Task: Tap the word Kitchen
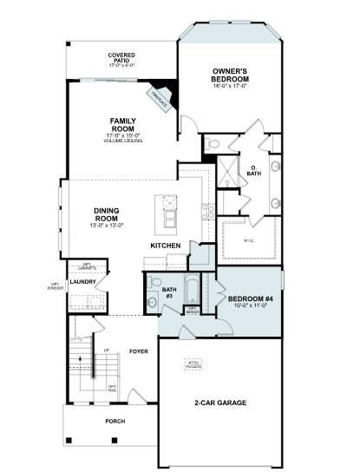click(x=165, y=246)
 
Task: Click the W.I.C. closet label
click(x=248, y=239)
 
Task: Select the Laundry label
click(x=82, y=281)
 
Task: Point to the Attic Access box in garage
click(x=193, y=364)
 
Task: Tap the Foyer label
click(x=139, y=351)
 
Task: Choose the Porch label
click(x=115, y=421)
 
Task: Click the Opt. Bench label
click(x=193, y=310)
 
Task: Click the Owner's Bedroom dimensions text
click(x=230, y=85)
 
